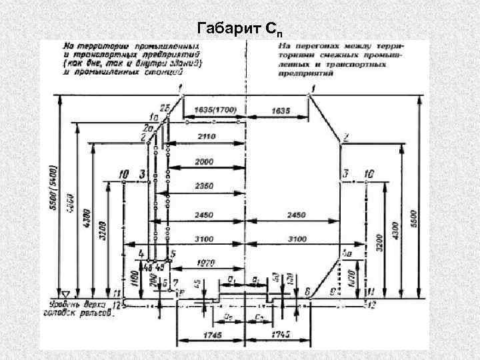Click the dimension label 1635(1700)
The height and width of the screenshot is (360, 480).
pyautogui.click(x=215, y=109)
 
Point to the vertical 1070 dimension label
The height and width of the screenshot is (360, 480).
pyautogui.click(x=352, y=275)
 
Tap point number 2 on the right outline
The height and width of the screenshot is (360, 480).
pyautogui.click(x=345, y=139)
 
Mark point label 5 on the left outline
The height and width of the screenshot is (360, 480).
pyautogui.click(x=173, y=254)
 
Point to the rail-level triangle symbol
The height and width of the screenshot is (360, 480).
pyautogui.click(x=65, y=294)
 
